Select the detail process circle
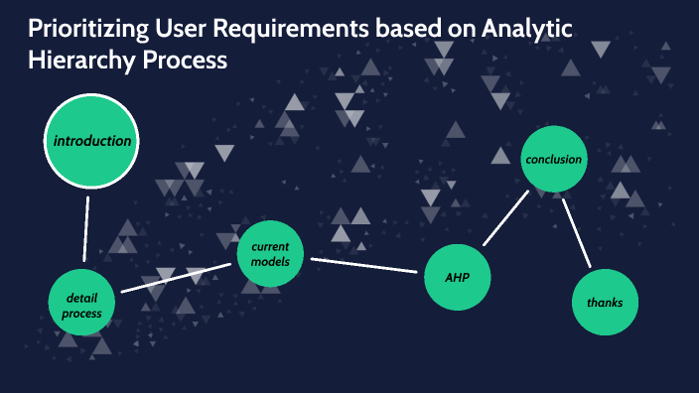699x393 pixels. click(x=82, y=306)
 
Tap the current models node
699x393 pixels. click(x=269, y=254)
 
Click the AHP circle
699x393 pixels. click(x=458, y=277)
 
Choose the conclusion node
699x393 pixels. click(x=553, y=160)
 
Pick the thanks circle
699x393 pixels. click(x=605, y=302)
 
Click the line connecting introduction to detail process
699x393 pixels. click(x=86, y=226)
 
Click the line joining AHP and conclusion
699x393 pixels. click(x=505, y=218)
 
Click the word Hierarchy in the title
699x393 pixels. click(x=70, y=60)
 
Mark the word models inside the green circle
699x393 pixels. click(x=270, y=262)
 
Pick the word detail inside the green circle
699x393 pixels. click(x=81, y=298)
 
